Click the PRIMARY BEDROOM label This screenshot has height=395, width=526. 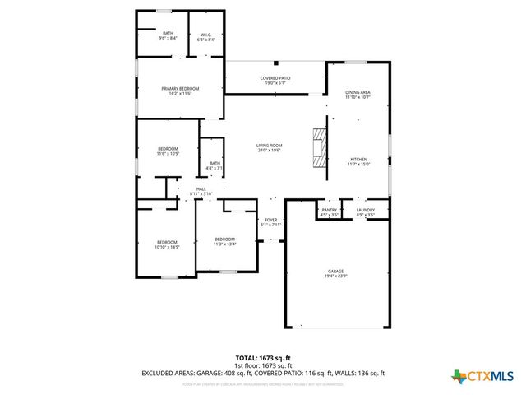click(x=179, y=89)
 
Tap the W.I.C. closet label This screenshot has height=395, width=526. click(x=206, y=35)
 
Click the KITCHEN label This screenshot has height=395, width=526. click(x=358, y=160)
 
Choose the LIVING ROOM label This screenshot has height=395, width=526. click(x=269, y=146)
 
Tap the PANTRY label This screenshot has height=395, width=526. click(x=329, y=210)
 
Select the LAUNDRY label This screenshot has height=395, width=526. click(x=366, y=210)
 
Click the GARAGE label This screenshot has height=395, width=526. click(x=335, y=271)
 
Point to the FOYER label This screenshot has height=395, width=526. click(x=270, y=220)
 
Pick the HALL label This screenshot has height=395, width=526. click(x=201, y=188)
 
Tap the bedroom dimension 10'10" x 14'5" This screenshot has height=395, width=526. click(x=168, y=247)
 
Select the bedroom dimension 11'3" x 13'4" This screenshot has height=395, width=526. click(x=224, y=244)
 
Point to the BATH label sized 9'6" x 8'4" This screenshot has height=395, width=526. click(x=168, y=33)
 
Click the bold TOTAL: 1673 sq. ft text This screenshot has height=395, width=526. click(x=263, y=358)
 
